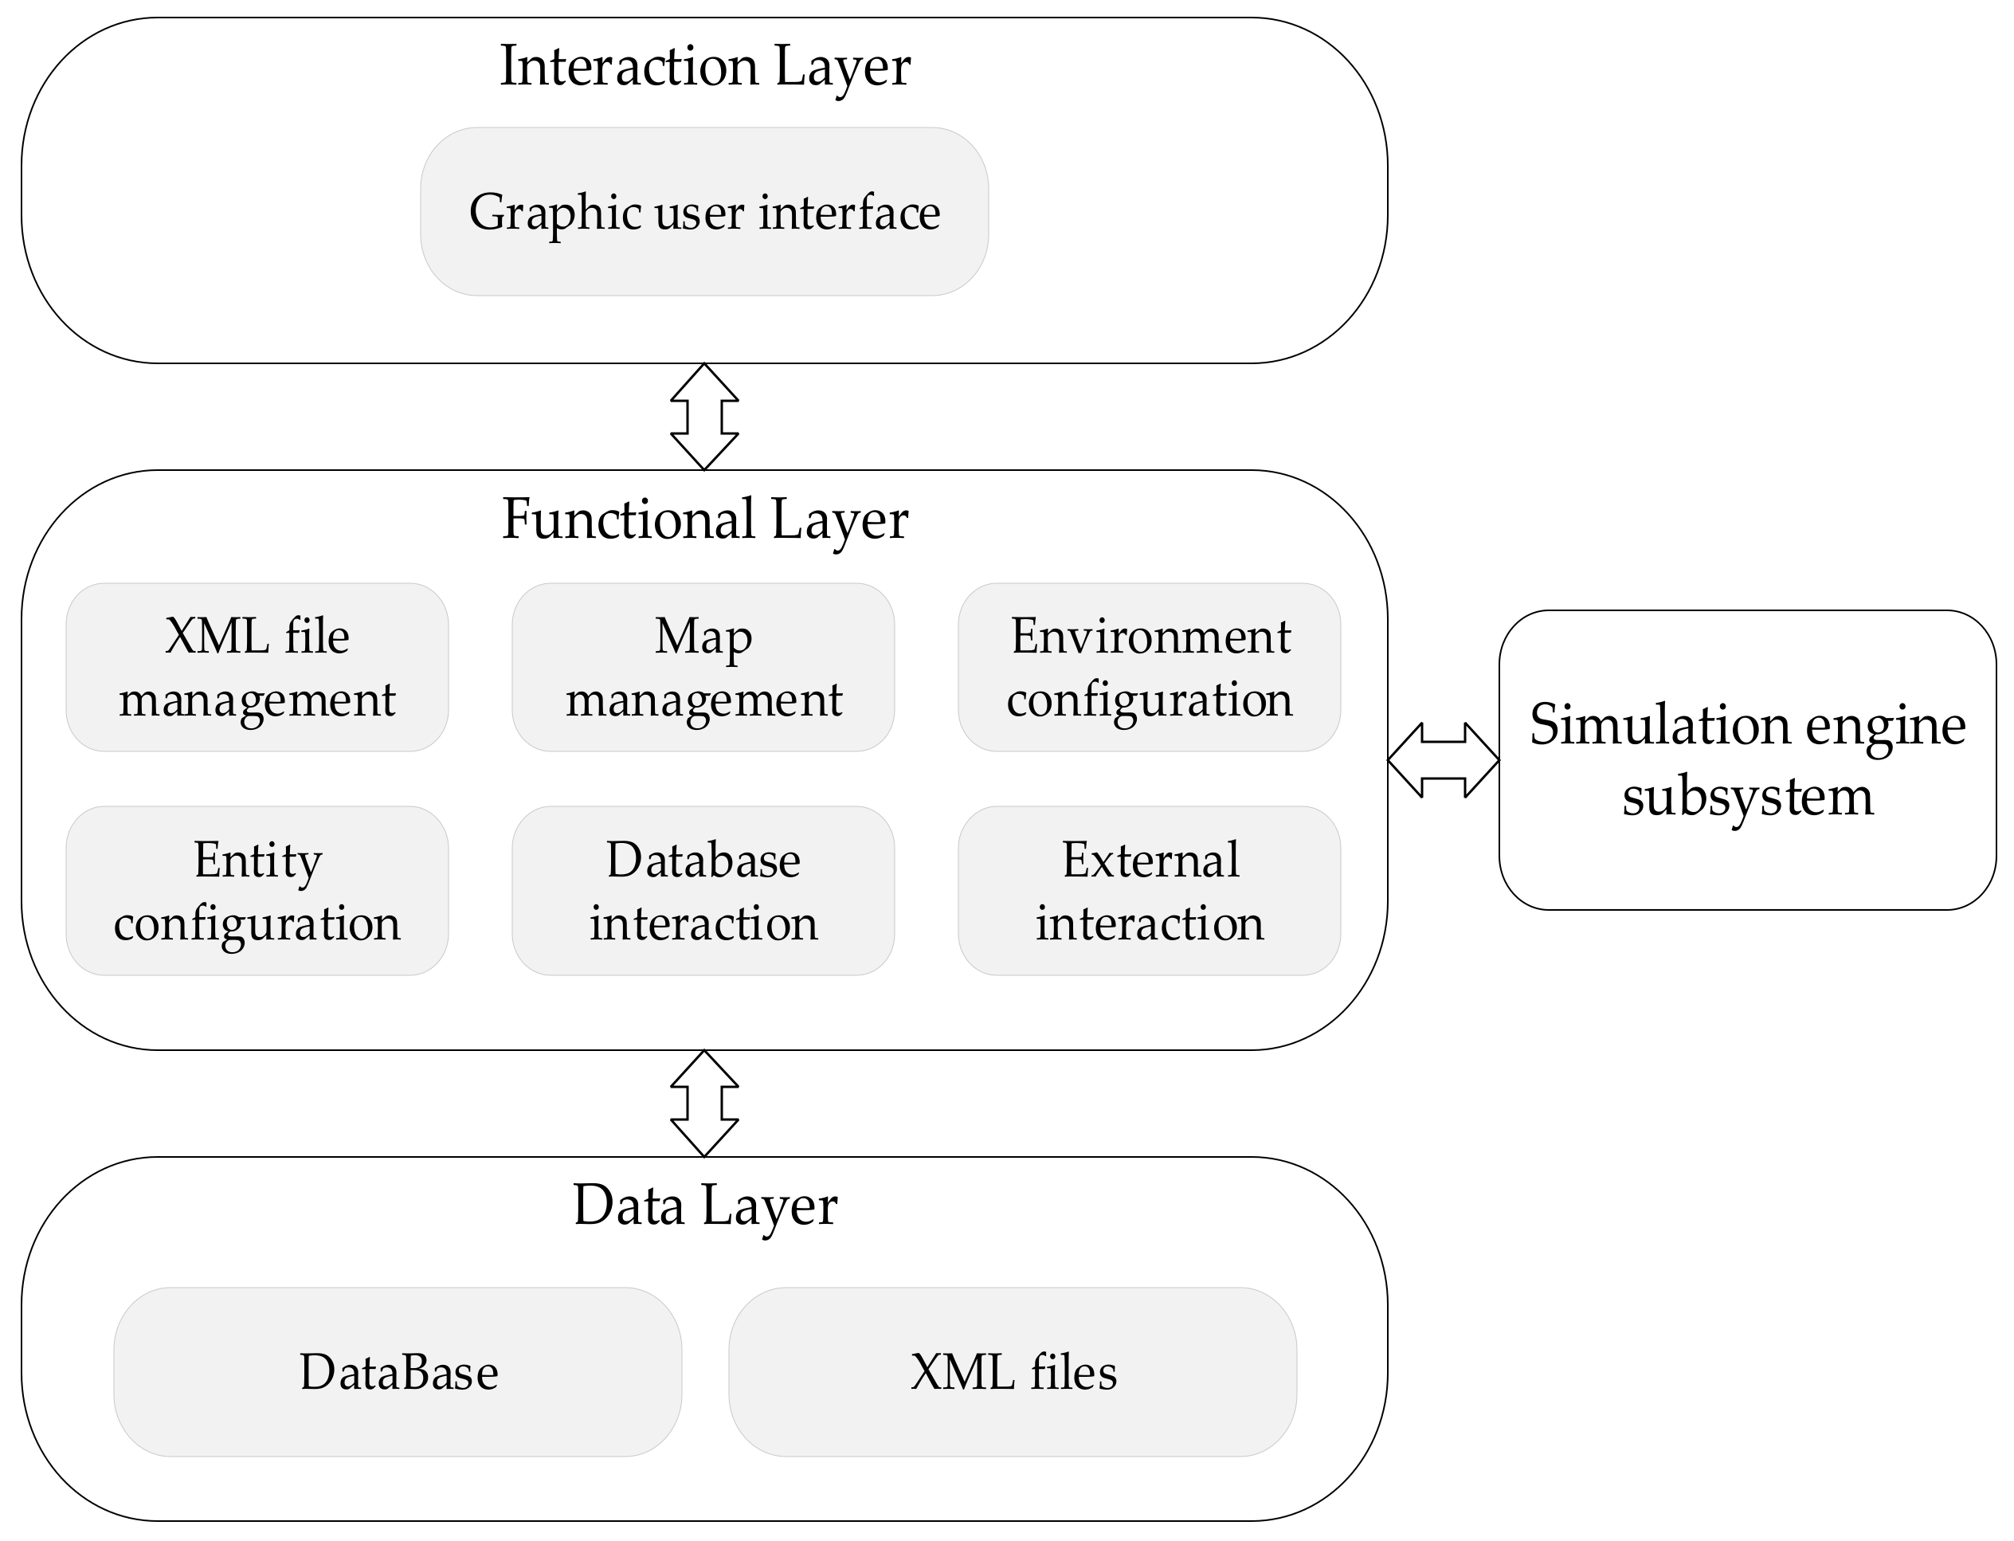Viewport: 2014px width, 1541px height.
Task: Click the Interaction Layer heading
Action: click(704, 66)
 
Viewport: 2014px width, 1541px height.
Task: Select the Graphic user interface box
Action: click(704, 212)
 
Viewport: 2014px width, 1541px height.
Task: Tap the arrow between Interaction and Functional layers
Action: click(704, 417)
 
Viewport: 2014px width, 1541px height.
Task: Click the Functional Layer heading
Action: click(704, 520)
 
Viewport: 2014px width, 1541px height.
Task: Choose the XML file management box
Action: click(257, 668)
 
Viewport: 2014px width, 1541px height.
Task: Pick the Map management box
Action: click(703, 668)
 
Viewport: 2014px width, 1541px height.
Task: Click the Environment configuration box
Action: click(1149, 668)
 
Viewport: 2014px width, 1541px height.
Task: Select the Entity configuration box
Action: click(257, 891)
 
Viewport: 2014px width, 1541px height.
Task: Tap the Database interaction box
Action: click(703, 891)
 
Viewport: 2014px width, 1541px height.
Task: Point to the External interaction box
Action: click(1149, 891)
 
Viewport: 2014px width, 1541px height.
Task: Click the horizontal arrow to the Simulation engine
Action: click(1444, 759)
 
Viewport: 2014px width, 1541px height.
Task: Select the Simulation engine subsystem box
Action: click(1747, 759)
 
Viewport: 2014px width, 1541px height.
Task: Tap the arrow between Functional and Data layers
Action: click(704, 1104)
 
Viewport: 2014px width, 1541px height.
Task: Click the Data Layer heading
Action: click(704, 1206)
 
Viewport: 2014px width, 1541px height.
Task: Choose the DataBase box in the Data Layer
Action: click(398, 1372)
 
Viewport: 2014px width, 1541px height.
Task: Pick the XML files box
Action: click(1013, 1372)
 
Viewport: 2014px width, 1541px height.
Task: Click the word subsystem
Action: click(1747, 796)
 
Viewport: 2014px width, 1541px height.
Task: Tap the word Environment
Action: click(1150, 637)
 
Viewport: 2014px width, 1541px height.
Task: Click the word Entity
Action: click(257, 861)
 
